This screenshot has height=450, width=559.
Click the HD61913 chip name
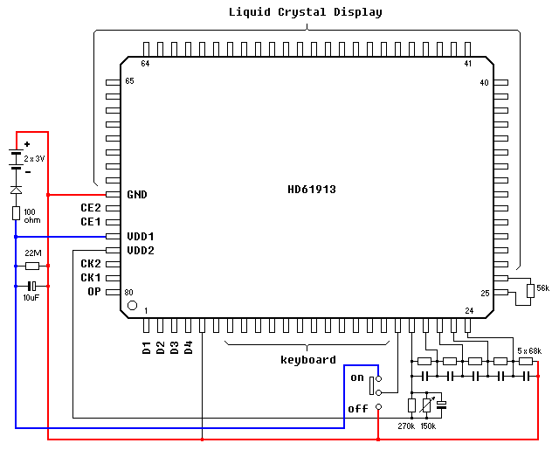point(312,189)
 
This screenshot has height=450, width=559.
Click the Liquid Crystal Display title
point(306,12)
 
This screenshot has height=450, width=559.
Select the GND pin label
point(136,194)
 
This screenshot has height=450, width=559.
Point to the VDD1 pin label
point(140,236)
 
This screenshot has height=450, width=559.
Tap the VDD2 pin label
point(140,250)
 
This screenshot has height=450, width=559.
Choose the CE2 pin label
point(91,208)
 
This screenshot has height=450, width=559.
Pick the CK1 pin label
point(91,278)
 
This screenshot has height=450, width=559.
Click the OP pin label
point(94,292)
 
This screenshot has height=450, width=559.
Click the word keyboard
point(307,359)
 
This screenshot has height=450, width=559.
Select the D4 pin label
point(188,348)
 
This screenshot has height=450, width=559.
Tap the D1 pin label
point(146,348)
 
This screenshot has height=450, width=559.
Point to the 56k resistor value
point(542,288)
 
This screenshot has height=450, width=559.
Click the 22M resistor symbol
point(32,266)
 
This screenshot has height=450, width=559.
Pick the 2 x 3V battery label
point(34,158)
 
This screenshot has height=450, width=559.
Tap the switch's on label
point(356,377)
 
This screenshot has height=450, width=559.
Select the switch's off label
point(358,408)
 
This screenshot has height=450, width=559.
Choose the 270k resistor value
point(405,426)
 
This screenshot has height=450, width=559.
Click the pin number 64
point(145,64)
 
